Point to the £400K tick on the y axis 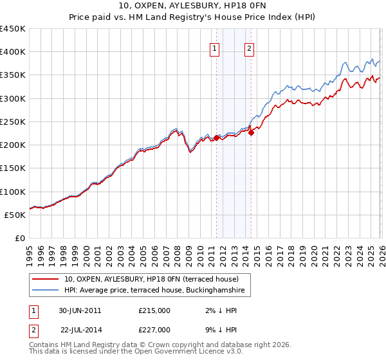point(12,52)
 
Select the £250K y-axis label point(12,122)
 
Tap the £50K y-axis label point(15,215)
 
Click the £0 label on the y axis point(19,239)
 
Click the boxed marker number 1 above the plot point(214,47)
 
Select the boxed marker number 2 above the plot point(249,47)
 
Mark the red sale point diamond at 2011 point(216,138)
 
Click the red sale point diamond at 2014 point(251,132)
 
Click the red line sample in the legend point(45,279)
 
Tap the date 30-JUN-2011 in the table point(80,310)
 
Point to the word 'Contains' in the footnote point(44,346)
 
